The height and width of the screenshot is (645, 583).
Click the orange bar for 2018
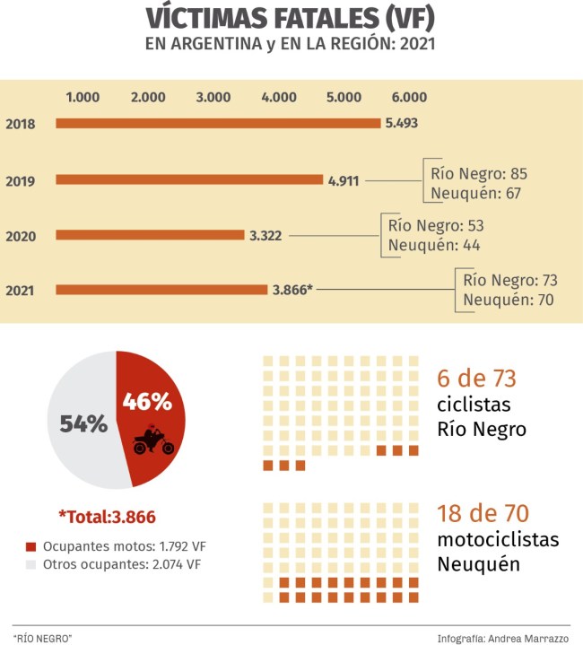click(219, 124)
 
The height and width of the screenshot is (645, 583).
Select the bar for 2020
click(150, 236)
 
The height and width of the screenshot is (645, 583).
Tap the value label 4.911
click(344, 180)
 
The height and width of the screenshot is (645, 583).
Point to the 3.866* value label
click(292, 290)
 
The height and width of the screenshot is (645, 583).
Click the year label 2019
click(20, 182)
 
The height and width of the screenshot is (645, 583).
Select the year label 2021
click(20, 291)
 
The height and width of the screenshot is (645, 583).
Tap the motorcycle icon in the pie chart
click(152, 440)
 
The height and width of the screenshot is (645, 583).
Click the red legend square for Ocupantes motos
click(31, 546)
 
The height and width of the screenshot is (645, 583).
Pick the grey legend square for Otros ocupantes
click(31, 564)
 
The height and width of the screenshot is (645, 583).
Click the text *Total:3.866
click(107, 516)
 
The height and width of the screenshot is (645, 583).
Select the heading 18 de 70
click(483, 514)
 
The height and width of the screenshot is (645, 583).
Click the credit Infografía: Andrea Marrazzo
click(503, 638)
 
